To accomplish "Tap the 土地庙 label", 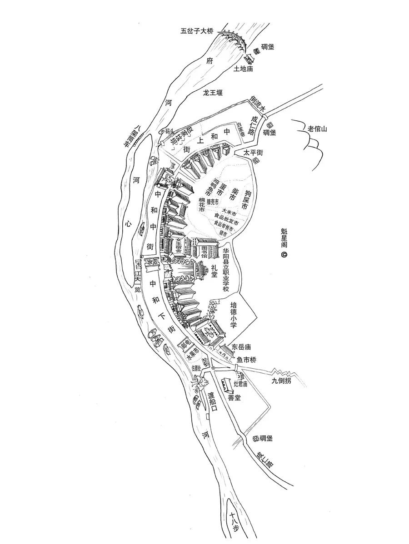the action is (x=243, y=69).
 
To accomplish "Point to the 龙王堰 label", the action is (x=213, y=93).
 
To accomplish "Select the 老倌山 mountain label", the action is (x=317, y=129).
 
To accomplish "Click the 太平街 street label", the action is (x=253, y=153).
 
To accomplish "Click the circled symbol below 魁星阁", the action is (x=284, y=255).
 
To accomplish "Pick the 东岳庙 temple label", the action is (x=241, y=347).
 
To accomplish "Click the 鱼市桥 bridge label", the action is (x=247, y=360).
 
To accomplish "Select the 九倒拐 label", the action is (x=281, y=381).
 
